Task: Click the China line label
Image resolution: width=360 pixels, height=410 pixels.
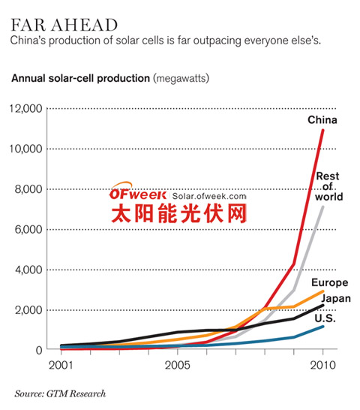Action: coord(322,120)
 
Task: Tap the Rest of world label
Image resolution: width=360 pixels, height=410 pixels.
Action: coord(328,187)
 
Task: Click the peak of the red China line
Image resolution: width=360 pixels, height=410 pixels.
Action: coord(322,130)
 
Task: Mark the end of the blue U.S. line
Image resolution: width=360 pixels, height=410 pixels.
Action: coord(322,327)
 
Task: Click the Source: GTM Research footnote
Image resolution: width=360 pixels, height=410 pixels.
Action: coord(60,393)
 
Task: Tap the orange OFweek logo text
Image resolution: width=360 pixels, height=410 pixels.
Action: coord(133,191)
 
